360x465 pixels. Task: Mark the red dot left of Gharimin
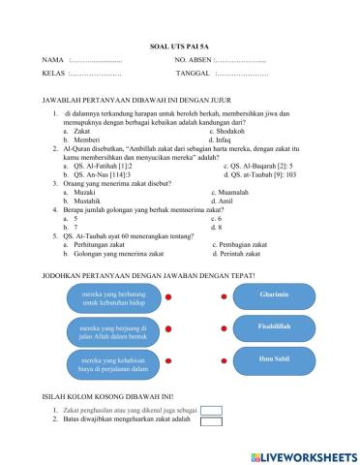224,296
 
